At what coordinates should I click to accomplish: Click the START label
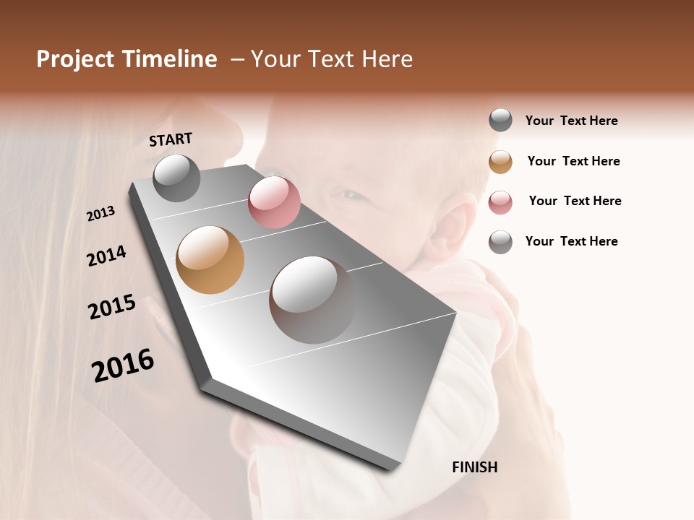tap(171, 139)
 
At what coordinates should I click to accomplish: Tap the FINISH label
tap(474, 467)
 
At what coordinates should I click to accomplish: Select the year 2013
tap(100, 214)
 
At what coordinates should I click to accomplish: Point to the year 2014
tap(106, 256)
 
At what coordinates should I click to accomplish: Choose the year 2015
tap(112, 307)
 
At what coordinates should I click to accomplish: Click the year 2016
tap(123, 365)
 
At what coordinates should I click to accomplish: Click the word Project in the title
tap(76, 59)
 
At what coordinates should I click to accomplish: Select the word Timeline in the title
tap(169, 59)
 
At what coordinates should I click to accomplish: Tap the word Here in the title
tap(387, 59)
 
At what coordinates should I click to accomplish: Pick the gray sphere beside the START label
tap(176, 178)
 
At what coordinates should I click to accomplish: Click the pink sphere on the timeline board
tap(274, 202)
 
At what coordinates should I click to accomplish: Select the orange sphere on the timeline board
tap(210, 260)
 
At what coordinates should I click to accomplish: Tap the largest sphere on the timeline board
tap(312, 299)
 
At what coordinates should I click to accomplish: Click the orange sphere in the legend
tap(500, 162)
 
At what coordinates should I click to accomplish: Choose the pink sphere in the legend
tap(500, 202)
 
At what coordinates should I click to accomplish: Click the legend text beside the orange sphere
tap(573, 161)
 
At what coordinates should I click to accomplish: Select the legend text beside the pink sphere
tap(575, 201)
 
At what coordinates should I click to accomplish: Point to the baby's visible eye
tap(347, 194)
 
